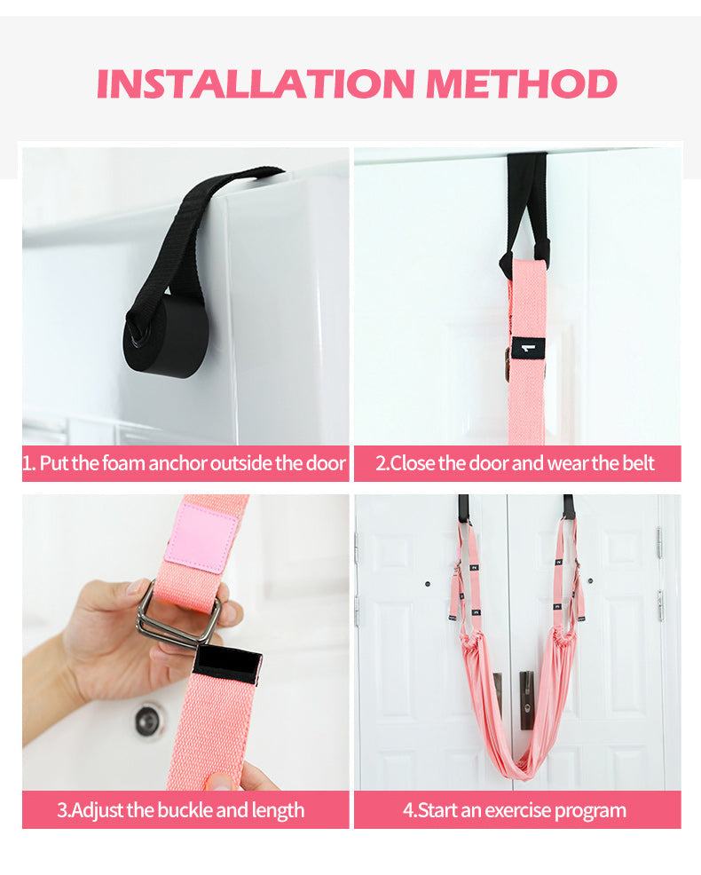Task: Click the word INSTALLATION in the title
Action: point(256,83)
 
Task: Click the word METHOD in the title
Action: point(521,83)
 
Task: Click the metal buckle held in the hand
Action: point(178,616)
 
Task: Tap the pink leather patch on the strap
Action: point(201,538)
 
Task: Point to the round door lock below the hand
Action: point(148,720)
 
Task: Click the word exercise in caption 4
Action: point(516,809)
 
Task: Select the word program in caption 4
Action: point(590,811)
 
